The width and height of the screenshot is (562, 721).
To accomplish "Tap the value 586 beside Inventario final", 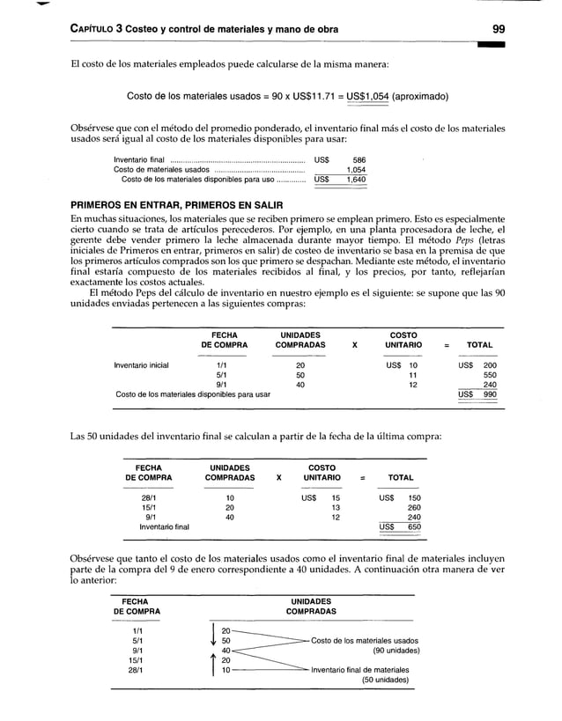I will pyautogui.click(x=359, y=159).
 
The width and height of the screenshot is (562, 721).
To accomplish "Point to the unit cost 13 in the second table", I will pyautogui.click(x=335, y=507).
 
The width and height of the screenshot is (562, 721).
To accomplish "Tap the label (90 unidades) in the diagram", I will pyautogui.click(x=388, y=651).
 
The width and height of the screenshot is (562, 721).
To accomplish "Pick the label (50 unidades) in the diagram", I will pyautogui.click(x=390, y=680).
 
